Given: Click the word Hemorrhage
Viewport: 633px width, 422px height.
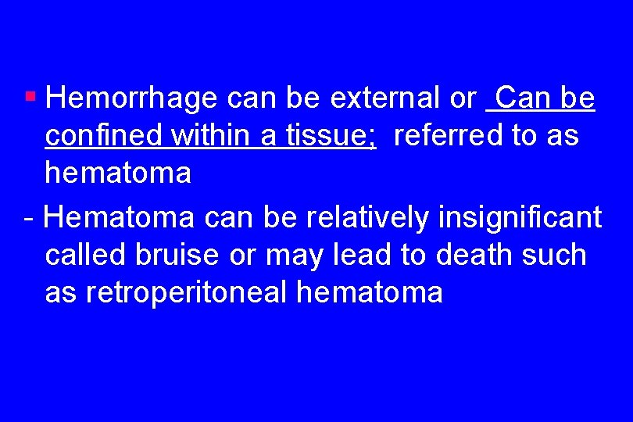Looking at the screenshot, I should click(x=131, y=99).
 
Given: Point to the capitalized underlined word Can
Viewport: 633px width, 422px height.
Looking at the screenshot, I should click(x=521, y=99).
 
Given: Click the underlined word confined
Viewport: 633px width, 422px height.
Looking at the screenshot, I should click(x=104, y=137).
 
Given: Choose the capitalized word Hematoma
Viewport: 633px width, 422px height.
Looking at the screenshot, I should click(x=120, y=218).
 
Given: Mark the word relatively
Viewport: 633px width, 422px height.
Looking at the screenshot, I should click(x=361, y=218).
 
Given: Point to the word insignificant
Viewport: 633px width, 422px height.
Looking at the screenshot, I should click(x=520, y=218).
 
